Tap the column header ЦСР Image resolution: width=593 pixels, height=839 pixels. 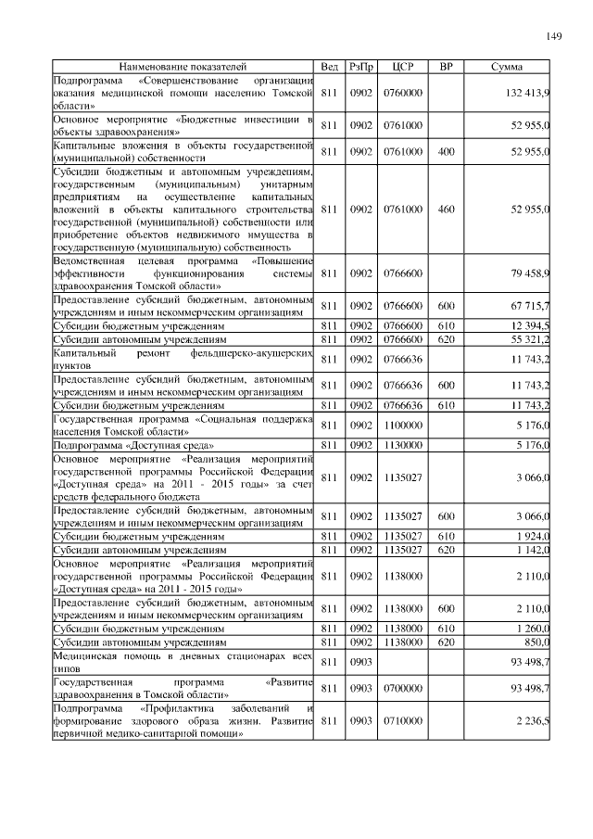(x=402, y=68)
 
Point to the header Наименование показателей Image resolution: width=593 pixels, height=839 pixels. (x=183, y=68)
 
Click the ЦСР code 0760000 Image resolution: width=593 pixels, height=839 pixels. (x=402, y=95)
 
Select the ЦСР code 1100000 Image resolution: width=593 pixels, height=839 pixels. (x=402, y=426)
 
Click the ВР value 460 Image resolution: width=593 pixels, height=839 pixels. (x=446, y=210)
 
